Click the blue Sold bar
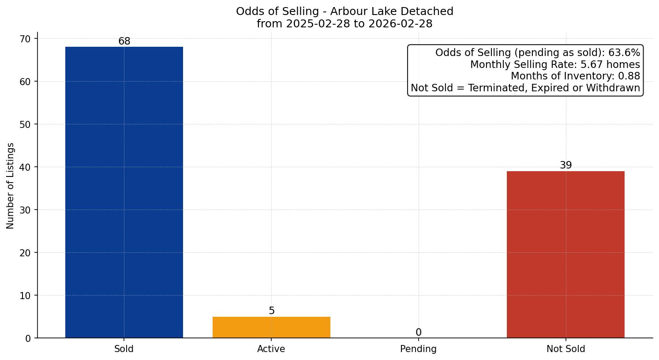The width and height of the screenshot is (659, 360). click(124, 192)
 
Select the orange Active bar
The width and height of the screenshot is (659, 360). click(271, 327)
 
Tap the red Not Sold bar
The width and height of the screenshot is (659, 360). click(565, 255)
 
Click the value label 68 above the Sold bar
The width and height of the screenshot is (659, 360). click(124, 41)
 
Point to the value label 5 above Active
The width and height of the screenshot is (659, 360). click(272, 311)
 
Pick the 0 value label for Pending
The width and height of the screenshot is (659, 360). click(419, 333)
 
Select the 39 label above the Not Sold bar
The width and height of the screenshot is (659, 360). click(565, 165)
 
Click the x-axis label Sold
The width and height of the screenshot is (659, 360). click(124, 349)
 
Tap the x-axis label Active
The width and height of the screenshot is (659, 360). click(271, 349)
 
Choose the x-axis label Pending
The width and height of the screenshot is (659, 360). click(418, 349)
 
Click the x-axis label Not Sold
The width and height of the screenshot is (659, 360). click(565, 349)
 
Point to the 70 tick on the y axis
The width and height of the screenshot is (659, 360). click(25, 39)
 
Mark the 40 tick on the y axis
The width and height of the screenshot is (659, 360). click(25, 167)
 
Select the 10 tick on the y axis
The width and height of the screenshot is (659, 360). click(25, 296)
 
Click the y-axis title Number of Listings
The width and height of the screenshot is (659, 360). click(11, 185)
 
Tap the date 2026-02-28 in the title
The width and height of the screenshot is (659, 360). click(401, 24)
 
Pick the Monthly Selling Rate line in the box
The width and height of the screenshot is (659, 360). click(555, 65)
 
